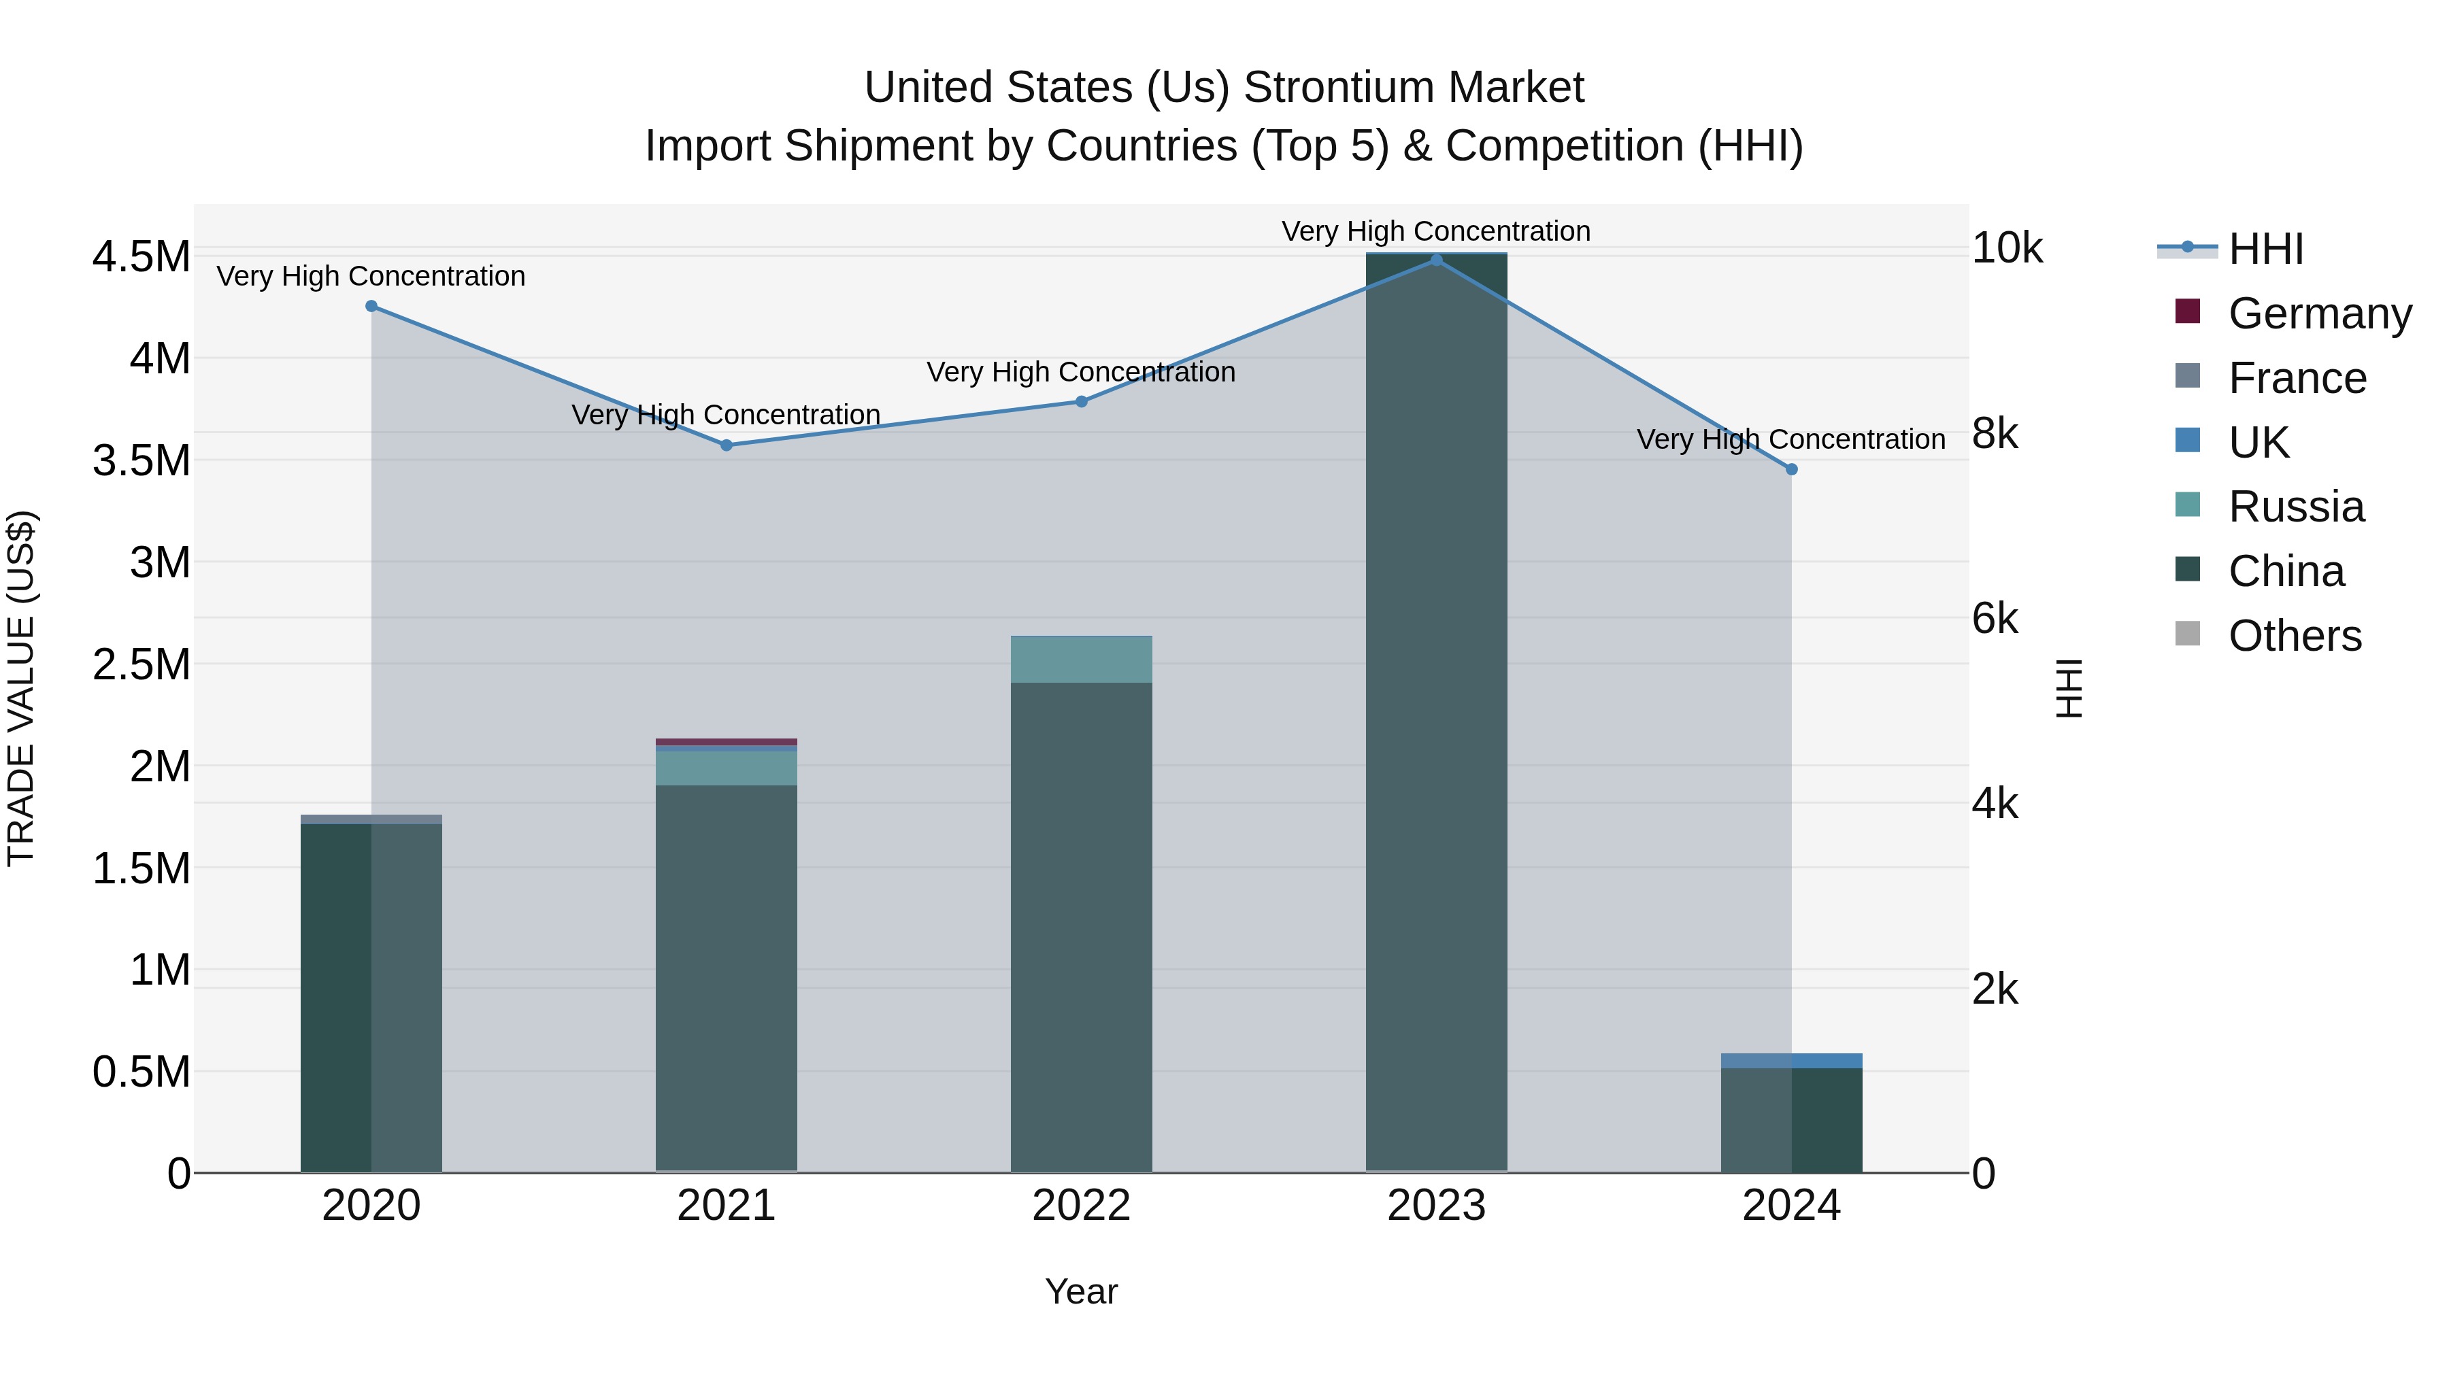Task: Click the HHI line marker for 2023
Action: (x=1437, y=260)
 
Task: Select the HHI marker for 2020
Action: (x=371, y=306)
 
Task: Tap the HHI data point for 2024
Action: (x=1791, y=469)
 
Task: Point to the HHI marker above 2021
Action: (x=727, y=445)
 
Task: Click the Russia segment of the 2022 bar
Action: (x=1081, y=660)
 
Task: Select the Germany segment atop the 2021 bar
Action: (x=727, y=742)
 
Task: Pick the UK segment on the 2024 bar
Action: (x=1791, y=1061)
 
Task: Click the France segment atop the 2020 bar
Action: (x=371, y=819)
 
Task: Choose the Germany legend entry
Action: (x=2320, y=313)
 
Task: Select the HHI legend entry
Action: (x=2265, y=249)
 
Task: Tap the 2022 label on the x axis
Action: (x=1081, y=1206)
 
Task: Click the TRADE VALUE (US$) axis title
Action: (x=21, y=688)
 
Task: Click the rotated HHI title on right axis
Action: (x=2069, y=688)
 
